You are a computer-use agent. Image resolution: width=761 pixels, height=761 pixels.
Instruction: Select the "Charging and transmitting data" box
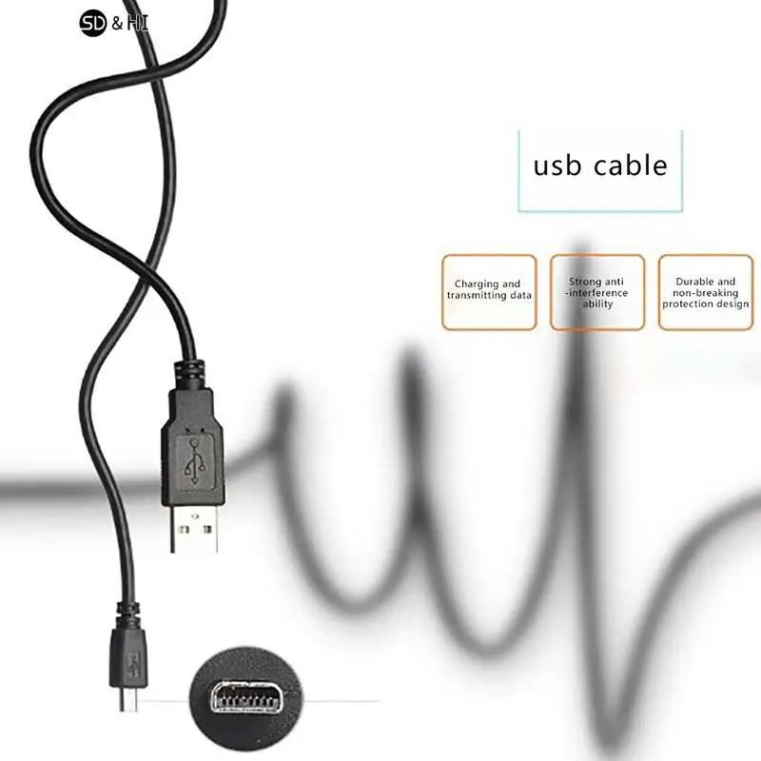[x=489, y=291]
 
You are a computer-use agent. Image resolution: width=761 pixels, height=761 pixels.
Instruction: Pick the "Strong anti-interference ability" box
[x=597, y=292]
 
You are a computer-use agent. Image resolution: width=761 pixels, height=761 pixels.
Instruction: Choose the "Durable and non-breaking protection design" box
[x=706, y=292]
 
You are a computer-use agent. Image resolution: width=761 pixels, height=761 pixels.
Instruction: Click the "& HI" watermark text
[x=129, y=21]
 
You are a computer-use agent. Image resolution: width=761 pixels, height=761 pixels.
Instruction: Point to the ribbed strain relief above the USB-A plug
[x=190, y=370]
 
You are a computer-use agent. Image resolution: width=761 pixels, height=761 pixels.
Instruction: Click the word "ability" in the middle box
[x=597, y=304]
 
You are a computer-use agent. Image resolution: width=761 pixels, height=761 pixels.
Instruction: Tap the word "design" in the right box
[x=733, y=304]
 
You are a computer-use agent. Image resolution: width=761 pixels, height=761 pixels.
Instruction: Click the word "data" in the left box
[x=520, y=295]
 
